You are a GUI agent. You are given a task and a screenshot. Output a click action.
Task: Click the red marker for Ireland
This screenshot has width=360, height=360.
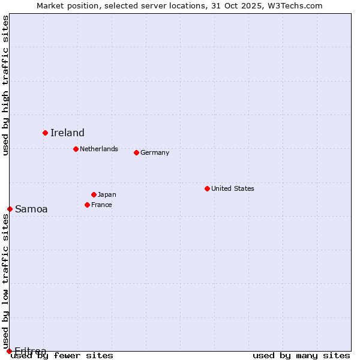[x=45, y=133]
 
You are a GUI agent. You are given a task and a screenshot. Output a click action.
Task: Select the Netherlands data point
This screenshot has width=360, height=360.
[x=76, y=149]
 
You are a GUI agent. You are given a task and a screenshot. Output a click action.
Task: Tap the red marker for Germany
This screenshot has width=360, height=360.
[x=136, y=152]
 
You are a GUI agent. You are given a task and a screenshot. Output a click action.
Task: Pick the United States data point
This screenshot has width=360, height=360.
[x=207, y=188]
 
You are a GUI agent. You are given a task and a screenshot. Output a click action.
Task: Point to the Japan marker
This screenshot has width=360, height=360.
[x=94, y=194]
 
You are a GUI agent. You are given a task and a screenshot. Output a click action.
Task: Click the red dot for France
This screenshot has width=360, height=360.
[x=87, y=205]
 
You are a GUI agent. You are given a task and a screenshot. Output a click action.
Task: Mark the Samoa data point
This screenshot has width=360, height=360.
[x=10, y=209]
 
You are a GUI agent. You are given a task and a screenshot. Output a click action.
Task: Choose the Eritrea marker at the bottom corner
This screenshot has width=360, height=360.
[x=9, y=351]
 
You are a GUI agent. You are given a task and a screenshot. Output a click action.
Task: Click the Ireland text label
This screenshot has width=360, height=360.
[x=67, y=133]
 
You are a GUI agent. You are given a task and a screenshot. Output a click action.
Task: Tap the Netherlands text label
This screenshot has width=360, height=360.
[x=99, y=149]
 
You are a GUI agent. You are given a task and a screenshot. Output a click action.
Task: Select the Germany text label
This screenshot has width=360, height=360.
[x=155, y=152]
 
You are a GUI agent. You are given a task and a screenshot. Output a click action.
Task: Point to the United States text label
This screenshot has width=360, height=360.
[x=233, y=188]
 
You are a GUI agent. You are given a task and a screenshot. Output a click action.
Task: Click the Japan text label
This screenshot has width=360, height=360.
[x=107, y=194]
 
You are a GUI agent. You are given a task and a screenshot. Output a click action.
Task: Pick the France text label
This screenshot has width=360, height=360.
[x=101, y=205]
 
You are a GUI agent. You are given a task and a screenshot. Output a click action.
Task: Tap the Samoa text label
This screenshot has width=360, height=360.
[x=31, y=209]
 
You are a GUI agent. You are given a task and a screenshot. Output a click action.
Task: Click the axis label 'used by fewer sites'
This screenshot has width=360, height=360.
[x=62, y=355]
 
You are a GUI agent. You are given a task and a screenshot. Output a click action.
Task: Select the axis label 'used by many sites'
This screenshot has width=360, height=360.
[x=301, y=355]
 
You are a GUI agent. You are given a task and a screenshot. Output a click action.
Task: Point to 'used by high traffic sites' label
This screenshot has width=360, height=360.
[x=5, y=85]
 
